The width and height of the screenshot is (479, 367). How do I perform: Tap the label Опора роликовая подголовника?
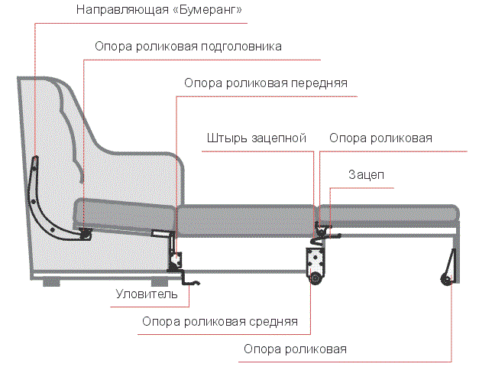[x=188, y=46]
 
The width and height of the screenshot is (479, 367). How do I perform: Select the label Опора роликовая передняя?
[x=266, y=83]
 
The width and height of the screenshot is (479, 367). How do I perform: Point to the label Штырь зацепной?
[x=256, y=138]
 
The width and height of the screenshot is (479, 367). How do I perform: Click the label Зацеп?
[x=366, y=175]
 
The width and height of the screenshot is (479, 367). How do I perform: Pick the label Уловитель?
[x=147, y=294]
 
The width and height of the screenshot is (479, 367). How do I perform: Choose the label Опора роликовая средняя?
[x=219, y=321]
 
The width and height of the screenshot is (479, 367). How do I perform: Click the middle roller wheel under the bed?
[x=315, y=280]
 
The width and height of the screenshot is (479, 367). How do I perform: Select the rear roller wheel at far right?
[x=445, y=279]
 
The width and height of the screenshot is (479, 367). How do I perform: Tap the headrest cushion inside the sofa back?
[x=122, y=209]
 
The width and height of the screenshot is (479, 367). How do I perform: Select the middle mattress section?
[x=246, y=216]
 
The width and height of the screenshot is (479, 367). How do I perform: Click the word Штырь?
[x=225, y=138]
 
